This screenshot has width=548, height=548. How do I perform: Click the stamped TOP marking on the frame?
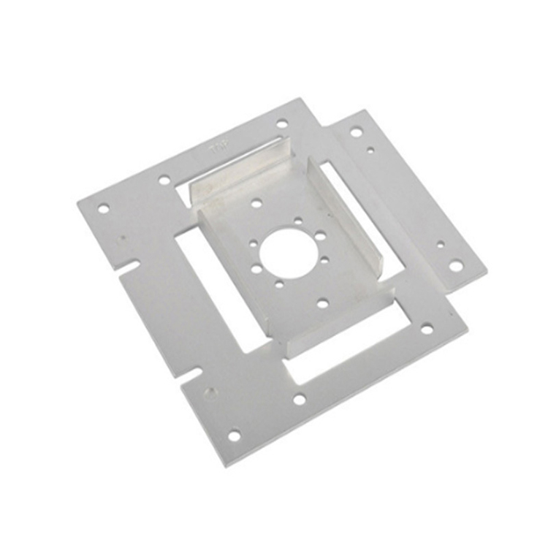click(x=218, y=149)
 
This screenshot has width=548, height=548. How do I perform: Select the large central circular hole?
click(x=288, y=253)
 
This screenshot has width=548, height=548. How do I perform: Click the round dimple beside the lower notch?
click(x=211, y=392)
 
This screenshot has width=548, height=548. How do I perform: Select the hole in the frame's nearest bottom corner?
click(x=234, y=435)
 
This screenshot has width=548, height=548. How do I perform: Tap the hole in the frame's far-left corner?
click(x=103, y=208)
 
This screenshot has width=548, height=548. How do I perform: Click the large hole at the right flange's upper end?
click(x=356, y=132)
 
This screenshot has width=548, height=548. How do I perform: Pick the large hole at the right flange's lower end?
click(x=456, y=266)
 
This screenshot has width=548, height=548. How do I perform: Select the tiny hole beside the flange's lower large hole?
click(x=440, y=245)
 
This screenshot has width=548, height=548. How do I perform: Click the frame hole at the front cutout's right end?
click(x=427, y=330)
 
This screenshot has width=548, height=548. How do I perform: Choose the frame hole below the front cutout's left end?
click(x=300, y=399)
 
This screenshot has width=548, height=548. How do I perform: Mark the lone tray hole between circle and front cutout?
click(x=322, y=302)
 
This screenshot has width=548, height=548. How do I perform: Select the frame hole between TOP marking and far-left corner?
click(x=164, y=179)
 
